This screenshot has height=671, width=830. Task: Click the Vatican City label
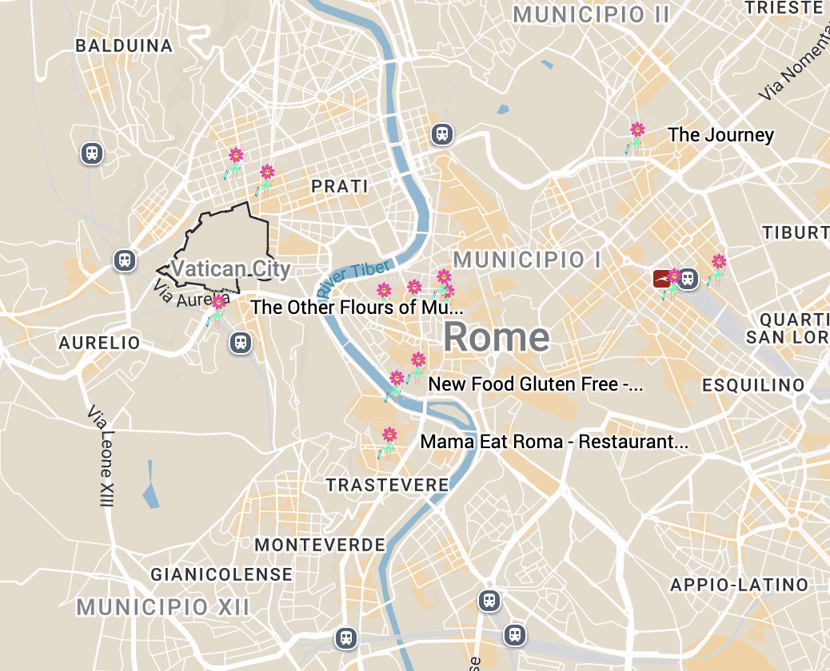231,268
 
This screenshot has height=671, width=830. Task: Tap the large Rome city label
497,337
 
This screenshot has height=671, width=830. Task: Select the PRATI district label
340,187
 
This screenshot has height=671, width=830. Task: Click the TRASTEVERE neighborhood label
387,486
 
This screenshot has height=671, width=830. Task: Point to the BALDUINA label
124,46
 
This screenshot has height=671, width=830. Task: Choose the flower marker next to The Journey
636,131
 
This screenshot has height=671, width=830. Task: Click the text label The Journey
720,135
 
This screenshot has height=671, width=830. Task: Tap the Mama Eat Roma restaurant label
553,442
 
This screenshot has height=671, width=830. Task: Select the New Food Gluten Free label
535,384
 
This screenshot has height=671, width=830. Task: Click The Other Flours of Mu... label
357,308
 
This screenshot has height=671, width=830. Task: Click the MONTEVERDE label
320,546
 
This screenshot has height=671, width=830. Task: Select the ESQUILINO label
753,386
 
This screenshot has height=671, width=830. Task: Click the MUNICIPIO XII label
163,607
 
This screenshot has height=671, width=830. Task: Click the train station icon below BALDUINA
92,153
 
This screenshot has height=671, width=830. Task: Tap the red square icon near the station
660,278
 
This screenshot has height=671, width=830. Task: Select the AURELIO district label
99,343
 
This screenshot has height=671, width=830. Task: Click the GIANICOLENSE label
221,574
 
